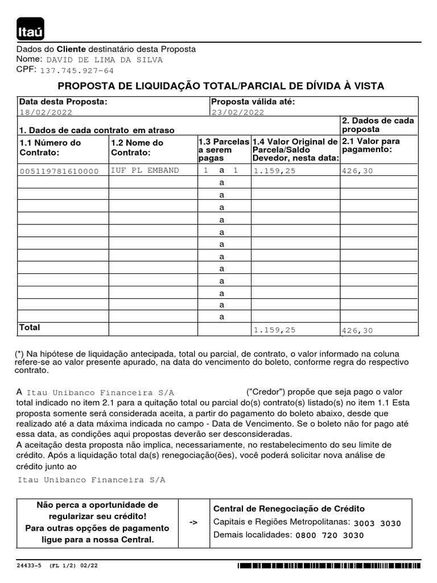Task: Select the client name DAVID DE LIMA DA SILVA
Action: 104,60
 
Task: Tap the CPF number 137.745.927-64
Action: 77,71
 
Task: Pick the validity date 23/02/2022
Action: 238,113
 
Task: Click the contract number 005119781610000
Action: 59,171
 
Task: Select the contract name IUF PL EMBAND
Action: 145,171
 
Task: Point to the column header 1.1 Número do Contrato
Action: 51,147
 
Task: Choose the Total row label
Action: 30,328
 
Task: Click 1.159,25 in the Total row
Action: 275,330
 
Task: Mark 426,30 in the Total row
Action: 358,331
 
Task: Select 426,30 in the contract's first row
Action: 358,171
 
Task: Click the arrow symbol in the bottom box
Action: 193,522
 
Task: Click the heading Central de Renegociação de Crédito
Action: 289,509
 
